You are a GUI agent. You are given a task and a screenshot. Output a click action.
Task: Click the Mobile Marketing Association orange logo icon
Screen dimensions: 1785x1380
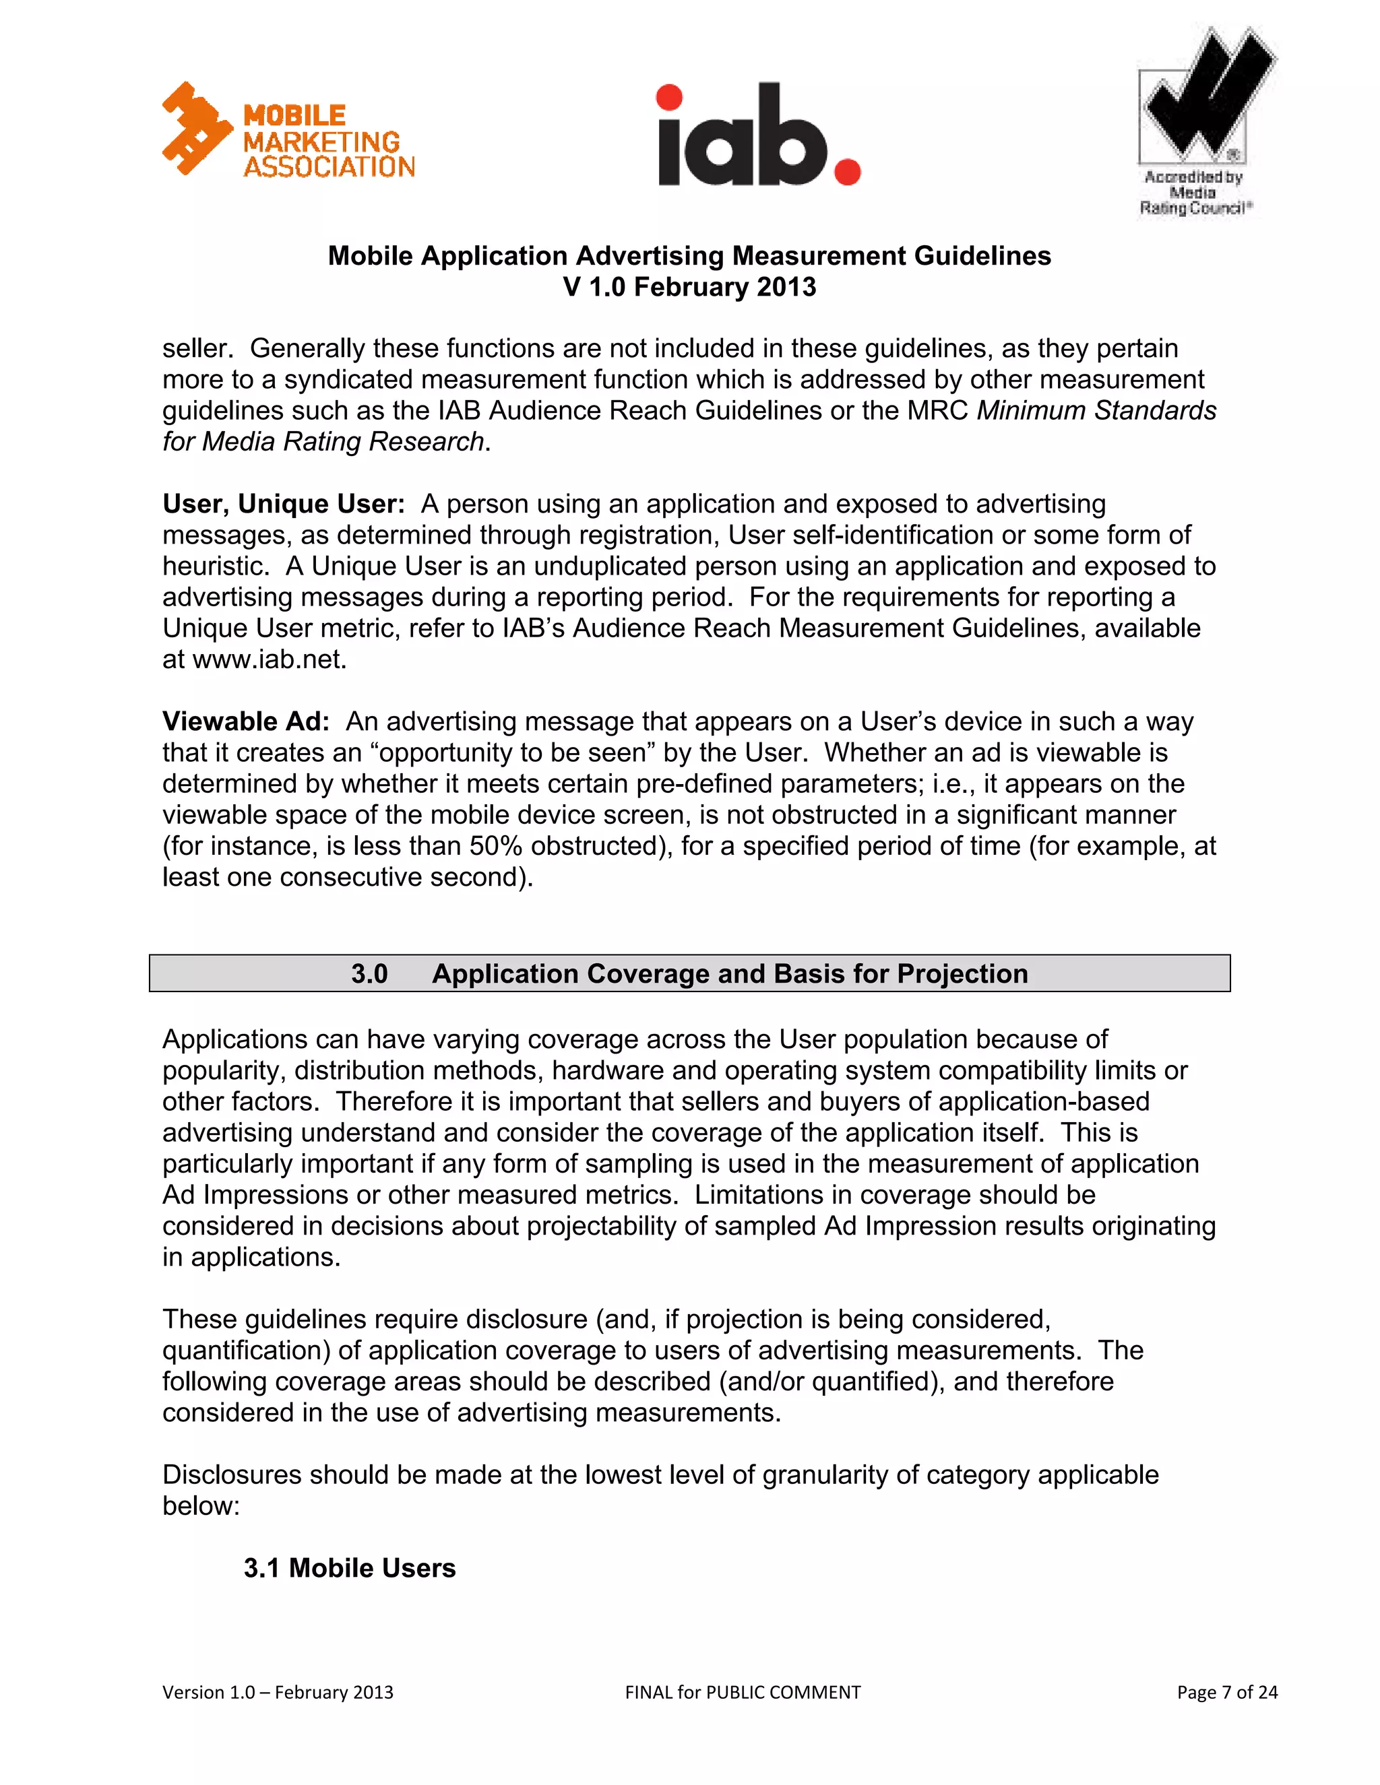[196, 129]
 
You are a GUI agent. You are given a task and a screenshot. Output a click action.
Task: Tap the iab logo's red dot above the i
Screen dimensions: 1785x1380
[668, 97]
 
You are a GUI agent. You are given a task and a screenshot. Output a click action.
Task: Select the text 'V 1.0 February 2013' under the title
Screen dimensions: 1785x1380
[689, 287]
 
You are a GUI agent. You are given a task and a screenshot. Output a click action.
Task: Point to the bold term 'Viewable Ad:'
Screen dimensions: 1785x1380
[245, 721]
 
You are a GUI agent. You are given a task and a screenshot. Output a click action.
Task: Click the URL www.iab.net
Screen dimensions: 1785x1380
[269, 659]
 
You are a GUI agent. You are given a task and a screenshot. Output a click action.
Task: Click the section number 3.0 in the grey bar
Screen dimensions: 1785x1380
[369, 974]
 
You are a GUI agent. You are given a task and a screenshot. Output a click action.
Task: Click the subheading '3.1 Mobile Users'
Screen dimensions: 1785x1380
[349, 1567]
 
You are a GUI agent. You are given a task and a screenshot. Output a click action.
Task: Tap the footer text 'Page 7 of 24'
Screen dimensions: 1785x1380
[1226, 1692]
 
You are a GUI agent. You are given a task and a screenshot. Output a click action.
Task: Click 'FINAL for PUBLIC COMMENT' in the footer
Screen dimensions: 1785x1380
[743, 1692]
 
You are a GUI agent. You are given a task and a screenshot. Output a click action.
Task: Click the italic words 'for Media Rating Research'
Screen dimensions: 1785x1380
[323, 441]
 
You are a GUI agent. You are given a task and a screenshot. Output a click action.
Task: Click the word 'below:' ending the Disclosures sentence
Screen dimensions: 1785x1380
[201, 1506]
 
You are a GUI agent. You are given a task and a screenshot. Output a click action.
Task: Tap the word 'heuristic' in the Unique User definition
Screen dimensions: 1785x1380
[212, 566]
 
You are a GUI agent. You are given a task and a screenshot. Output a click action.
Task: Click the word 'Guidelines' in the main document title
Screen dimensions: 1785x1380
[982, 256]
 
